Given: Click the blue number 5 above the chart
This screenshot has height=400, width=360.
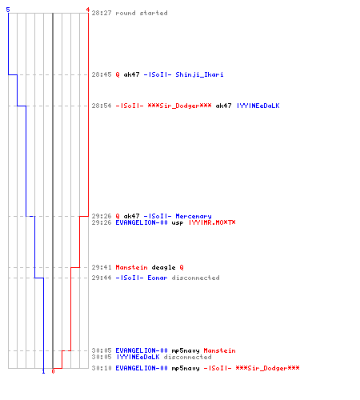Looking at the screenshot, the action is pyautogui.click(x=8, y=10).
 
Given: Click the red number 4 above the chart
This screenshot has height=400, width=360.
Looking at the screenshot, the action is pyautogui.click(x=88, y=10).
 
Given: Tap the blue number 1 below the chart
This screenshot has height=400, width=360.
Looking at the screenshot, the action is pyautogui.click(x=43, y=371).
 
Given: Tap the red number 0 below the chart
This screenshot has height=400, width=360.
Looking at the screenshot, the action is pyautogui.click(x=53, y=371).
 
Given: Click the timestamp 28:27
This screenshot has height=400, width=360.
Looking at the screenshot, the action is pyautogui.click(x=102, y=13).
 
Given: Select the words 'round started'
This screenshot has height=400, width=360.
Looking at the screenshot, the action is pyautogui.click(x=142, y=13).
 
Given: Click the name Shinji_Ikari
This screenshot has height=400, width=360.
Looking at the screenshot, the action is pyautogui.click(x=199, y=74).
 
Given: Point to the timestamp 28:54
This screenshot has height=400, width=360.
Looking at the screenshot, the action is pyautogui.click(x=102, y=106).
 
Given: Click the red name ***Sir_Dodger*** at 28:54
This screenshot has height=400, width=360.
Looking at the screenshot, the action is pyautogui.click(x=179, y=106).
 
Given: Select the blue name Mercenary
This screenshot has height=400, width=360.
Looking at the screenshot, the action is pyautogui.click(x=194, y=216).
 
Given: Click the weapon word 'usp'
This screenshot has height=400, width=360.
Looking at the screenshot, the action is pyautogui.click(x=178, y=222).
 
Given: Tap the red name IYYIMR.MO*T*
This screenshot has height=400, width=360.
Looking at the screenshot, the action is pyautogui.click(x=212, y=222).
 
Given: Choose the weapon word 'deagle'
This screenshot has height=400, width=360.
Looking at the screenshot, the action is pyautogui.click(x=163, y=267).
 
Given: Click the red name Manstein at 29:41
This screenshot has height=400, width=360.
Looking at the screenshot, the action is pyautogui.click(x=131, y=267).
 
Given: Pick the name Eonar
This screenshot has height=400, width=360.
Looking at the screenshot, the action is pyautogui.click(x=158, y=278).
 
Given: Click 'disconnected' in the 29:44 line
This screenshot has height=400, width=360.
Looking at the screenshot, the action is pyautogui.click(x=195, y=278).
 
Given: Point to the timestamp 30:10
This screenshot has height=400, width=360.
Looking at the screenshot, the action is pyautogui.click(x=102, y=368).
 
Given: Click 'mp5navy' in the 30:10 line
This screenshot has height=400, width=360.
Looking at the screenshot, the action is pyautogui.click(x=186, y=369).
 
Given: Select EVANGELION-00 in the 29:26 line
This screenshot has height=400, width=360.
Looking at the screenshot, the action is pyautogui.click(x=142, y=222).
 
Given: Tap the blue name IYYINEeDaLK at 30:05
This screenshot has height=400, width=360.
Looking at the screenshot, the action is pyautogui.click(x=138, y=357).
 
